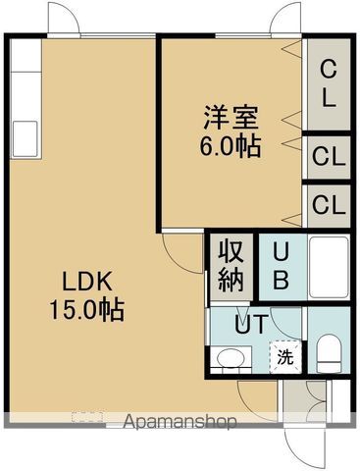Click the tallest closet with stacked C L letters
329,83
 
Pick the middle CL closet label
328,155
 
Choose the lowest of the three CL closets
328,205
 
